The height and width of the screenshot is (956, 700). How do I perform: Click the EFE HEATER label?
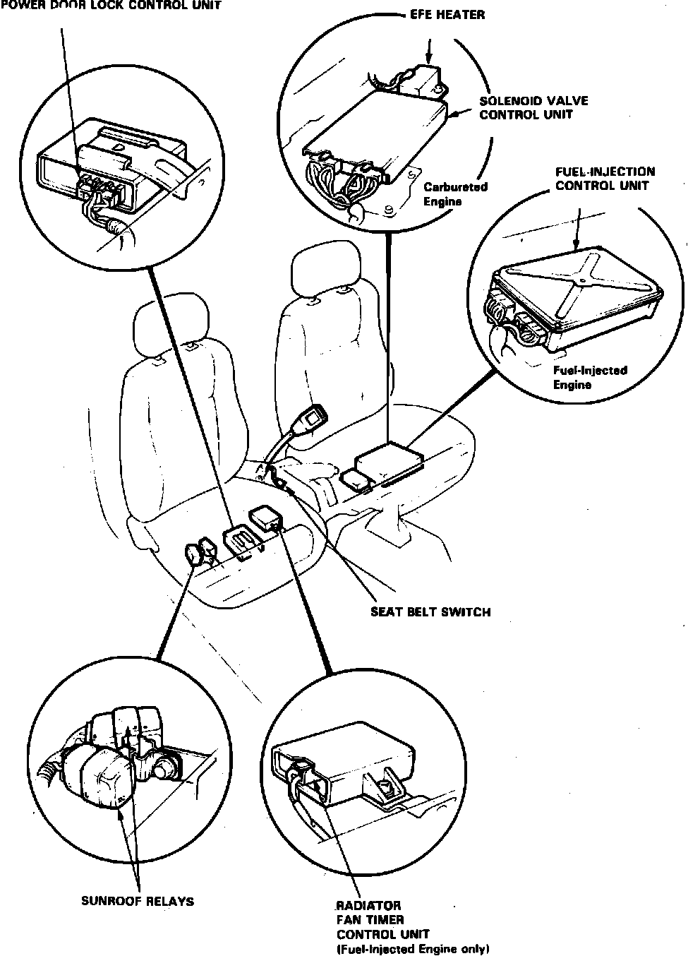coord(447,14)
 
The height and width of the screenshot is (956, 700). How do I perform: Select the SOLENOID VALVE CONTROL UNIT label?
coord(533,107)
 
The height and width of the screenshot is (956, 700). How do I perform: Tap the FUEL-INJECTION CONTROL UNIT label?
coord(605,178)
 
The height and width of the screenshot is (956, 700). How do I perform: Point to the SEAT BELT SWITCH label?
coord(430,611)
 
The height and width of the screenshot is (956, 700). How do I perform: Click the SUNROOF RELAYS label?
coord(137,901)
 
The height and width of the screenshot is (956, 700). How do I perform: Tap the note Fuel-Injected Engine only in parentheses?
coord(413,949)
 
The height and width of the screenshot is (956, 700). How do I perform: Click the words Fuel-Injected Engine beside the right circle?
coord(580,378)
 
